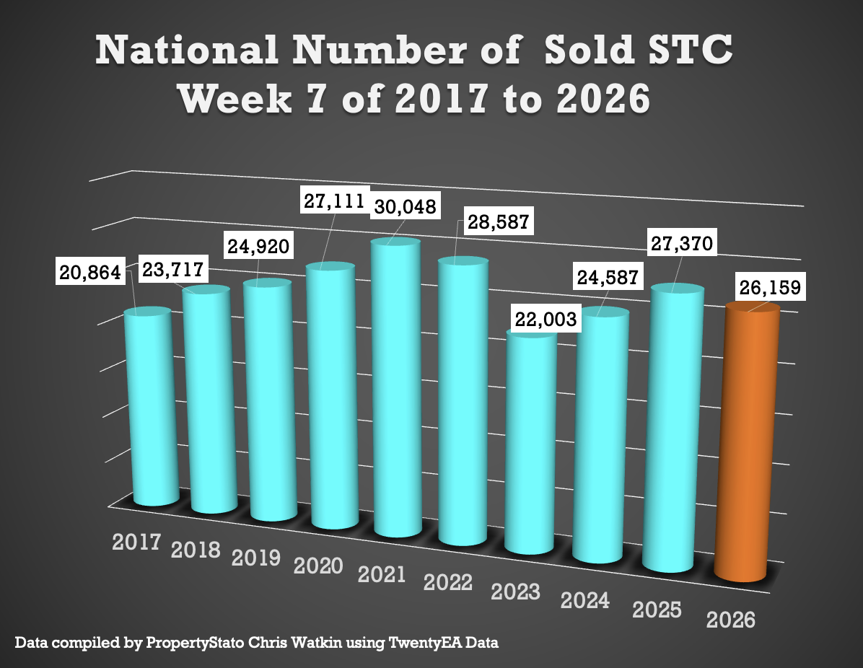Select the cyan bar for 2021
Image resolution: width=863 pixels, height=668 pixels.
tap(397, 390)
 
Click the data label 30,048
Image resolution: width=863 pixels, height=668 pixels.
tap(404, 208)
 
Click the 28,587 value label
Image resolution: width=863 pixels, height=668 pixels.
tap(495, 221)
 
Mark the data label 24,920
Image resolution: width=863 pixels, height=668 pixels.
tap(258, 246)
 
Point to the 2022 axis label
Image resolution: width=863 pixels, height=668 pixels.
tap(449, 582)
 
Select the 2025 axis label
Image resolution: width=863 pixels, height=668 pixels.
tap(657, 610)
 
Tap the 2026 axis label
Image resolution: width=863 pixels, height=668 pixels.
tap(731, 620)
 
